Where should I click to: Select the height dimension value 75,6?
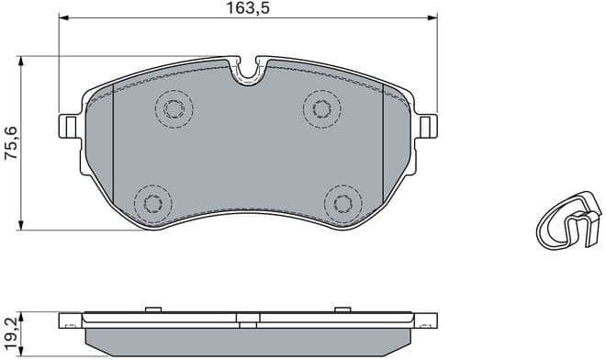click(x=11, y=144)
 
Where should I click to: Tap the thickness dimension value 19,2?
click(x=11, y=332)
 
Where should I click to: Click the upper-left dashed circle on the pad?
click(x=172, y=109)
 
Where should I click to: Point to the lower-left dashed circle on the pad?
click(x=150, y=201)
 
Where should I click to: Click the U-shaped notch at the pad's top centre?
click(x=246, y=73)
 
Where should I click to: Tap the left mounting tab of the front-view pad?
click(x=68, y=124)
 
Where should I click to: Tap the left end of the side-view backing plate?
click(x=65, y=321)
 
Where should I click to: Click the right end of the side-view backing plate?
click(x=428, y=321)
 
